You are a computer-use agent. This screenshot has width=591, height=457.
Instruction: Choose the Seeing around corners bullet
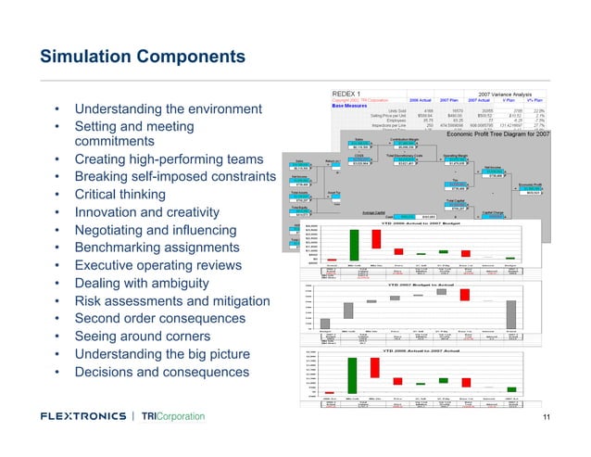[x=143, y=336]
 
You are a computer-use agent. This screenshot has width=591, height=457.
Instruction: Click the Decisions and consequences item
[x=162, y=372]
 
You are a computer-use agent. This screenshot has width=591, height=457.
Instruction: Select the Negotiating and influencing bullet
[x=158, y=231]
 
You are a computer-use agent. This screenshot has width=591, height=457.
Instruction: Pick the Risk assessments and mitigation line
[x=172, y=301]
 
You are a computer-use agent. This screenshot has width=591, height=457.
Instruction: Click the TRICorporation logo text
[x=173, y=417]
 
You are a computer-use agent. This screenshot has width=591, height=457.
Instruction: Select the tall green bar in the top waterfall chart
[x=353, y=245]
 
